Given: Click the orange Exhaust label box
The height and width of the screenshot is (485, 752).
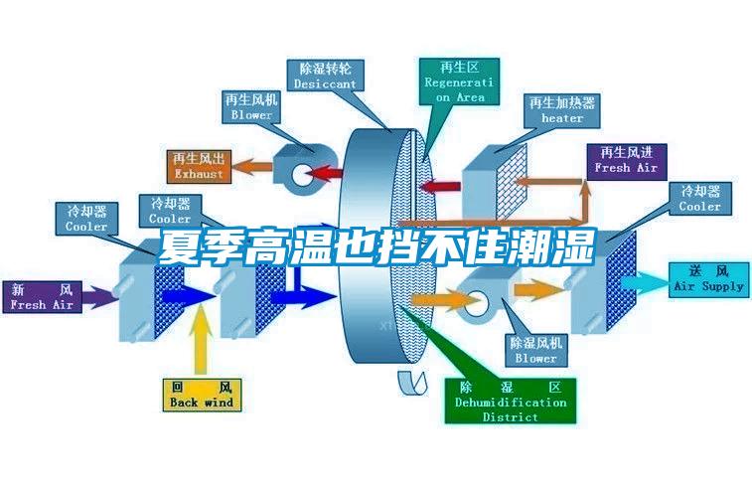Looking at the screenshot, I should click(199, 166).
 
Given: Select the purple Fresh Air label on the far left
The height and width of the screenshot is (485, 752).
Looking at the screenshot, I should click(43, 297).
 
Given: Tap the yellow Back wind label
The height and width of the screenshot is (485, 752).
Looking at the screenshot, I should click(202, 394).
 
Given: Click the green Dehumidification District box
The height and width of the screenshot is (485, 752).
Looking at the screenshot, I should click(510, 401).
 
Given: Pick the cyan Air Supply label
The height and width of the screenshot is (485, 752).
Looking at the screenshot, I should click(708, 278).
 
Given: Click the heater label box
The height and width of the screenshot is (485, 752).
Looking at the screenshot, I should click(562, 109).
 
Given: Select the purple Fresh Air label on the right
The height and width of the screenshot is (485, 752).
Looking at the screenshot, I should click(626, 160).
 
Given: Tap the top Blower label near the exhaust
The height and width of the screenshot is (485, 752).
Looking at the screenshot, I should click(251, 107).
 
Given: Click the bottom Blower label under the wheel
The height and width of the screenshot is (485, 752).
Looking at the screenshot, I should click(535, 349).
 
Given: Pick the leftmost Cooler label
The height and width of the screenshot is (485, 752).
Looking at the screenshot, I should click(86, 219).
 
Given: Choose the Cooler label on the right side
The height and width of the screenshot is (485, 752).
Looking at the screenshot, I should click(699, 199).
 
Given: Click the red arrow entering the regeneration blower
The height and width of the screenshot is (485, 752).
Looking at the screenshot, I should click(324, 174).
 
